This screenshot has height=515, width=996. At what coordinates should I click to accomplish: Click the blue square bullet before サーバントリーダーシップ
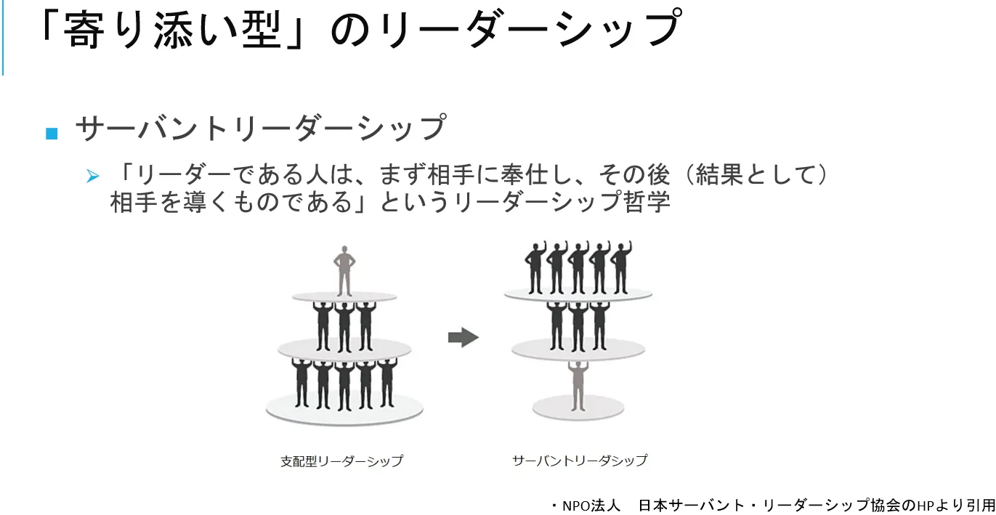click(x=51, y=133)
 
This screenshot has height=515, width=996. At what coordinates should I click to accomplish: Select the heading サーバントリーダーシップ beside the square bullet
click(x=260, y=129)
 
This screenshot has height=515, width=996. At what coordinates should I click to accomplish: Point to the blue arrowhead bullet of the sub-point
click(x=92, y=176)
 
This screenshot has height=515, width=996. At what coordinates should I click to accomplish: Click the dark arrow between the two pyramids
click(x=463, y=337)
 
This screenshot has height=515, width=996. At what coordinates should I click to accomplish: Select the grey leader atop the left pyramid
click(x=344, y=269)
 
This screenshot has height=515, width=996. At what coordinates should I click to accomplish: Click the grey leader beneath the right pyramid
click(x=578, y=384)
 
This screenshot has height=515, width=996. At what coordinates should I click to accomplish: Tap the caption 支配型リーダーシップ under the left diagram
click(x=341, y=461)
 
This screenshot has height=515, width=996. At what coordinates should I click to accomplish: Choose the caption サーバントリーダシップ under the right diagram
click(x=579, y=461)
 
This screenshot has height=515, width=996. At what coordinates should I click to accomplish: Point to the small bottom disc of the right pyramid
click(x=578, y=407)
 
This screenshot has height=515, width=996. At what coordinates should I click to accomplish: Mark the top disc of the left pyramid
click(x=344, y=296)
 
